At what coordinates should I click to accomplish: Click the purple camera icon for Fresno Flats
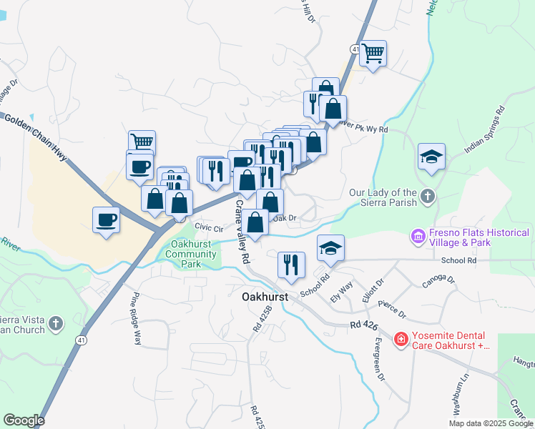point(417,235)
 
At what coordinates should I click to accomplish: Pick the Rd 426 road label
point(364,326)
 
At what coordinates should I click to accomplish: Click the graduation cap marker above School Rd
point(330,248)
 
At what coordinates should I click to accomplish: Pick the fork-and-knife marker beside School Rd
point(291,265)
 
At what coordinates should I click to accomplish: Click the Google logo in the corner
point(24,420)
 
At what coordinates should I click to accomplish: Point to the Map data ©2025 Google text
point(491,423)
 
